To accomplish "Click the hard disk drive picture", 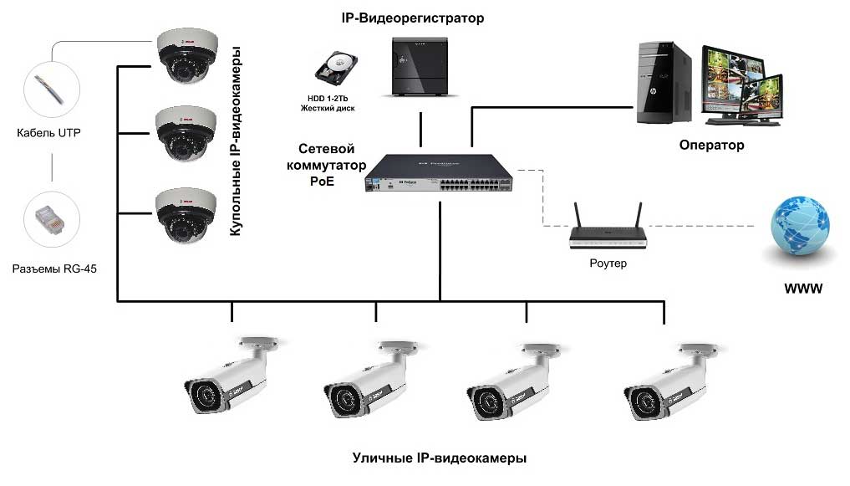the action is coord(335,69).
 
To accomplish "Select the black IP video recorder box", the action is coord(420,67).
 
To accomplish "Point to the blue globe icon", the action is coord(800,227).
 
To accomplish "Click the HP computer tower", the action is coord(664,83).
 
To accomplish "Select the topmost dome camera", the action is coord(187,56).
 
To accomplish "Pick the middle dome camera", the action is coord(186,134).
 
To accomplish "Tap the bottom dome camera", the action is coord(186,215).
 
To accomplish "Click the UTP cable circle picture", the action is coord(52,90).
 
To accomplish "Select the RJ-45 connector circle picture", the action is coord(52,219).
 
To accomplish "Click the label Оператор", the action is coord(712,145).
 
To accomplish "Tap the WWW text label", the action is coord(803,289).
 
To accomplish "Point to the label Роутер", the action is coord(608,263).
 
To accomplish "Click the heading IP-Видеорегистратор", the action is coord(413,18).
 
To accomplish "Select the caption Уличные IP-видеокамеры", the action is coord(439,458).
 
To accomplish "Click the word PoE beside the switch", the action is coord(322,182).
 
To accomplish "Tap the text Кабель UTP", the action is coord(48,133).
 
